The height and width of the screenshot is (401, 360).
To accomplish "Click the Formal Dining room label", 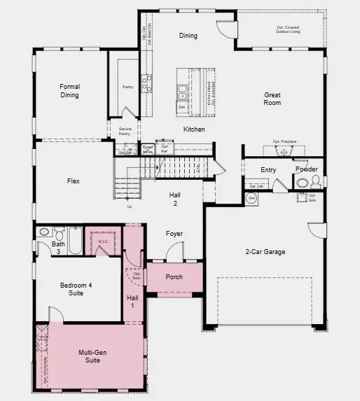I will point(69,90).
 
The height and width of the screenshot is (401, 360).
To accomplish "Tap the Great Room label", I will point(272,99).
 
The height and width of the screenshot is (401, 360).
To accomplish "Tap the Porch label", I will point(174,277).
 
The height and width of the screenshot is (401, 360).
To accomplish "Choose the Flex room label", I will point(73,181).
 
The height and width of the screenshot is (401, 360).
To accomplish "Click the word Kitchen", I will point(194,129).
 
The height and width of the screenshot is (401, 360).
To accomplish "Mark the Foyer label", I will point(174,234).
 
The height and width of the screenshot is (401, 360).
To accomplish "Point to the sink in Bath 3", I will point(43,232).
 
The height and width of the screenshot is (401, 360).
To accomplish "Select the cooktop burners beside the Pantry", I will point(147,84).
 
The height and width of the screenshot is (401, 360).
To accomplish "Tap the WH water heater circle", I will point(252,199).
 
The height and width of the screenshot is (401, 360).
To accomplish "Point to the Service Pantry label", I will point(125,131).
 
